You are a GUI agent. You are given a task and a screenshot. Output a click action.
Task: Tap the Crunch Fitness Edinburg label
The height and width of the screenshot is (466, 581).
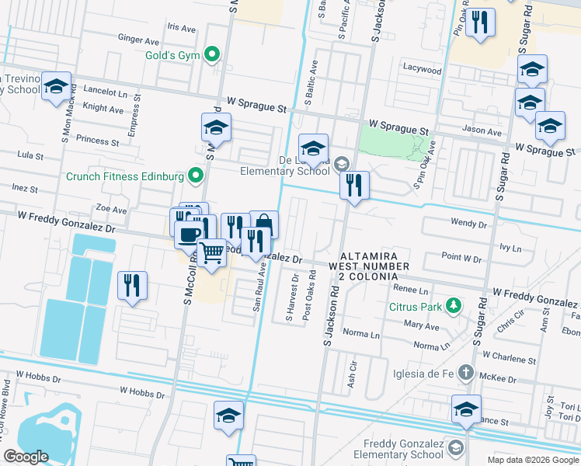click(x=124, y=176)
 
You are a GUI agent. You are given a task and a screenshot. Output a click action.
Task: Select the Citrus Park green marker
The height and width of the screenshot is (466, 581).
click(x=452, y=306)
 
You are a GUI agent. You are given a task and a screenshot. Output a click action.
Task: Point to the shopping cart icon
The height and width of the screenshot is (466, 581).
click(x=212, y=252)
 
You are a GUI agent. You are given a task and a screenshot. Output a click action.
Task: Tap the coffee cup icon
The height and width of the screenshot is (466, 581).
click(x=190, y=233)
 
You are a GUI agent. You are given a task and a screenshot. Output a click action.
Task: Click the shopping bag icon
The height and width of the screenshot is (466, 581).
click(x=264, y=224)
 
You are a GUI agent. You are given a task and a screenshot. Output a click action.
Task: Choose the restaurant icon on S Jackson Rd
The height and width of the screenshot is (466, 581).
click(x=354, y=185)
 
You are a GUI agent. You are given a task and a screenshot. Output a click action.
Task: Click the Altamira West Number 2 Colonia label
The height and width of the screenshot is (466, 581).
click(x=368, y=266)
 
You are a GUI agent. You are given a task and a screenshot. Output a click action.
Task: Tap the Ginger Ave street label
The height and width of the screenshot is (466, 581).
click(x=138, y=40)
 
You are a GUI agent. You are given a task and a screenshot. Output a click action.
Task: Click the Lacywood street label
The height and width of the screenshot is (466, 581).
click(x=422, y=70)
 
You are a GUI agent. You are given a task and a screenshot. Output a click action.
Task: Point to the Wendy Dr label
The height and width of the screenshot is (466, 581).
click(x=468, y=223)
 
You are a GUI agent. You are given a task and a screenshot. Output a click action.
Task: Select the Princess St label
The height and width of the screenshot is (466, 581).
click(x=98, y=141)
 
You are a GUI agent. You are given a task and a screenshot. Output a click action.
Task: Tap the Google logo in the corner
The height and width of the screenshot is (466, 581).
click(x=26, y=457)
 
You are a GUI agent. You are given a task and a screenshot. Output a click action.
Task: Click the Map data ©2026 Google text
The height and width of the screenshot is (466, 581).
click(x=532, y=459)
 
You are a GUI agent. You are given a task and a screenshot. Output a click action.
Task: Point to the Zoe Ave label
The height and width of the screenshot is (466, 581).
click(x=110, y=210)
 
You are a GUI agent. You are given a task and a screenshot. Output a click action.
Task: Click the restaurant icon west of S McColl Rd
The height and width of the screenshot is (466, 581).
click(x=132, y=284)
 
